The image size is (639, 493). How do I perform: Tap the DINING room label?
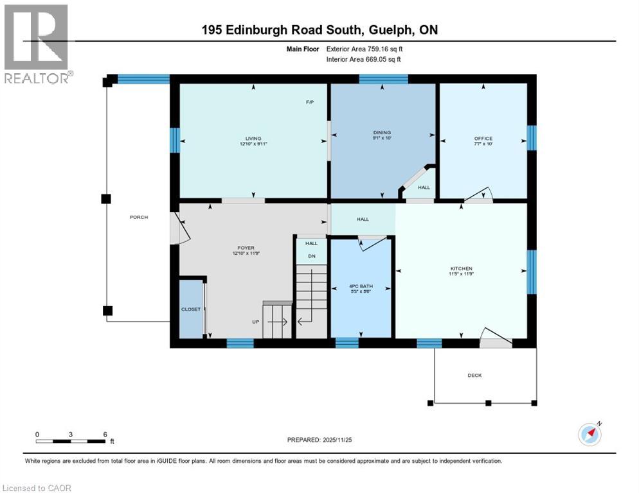[382, 133]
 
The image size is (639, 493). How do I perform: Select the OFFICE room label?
[483, 139]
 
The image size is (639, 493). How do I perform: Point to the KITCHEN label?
[461, 268]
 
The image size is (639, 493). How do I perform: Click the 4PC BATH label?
[360, 286]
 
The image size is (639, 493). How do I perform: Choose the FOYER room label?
[246, 248]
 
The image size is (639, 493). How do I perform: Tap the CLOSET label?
[190, 309]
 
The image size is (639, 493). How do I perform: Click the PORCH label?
[139, 217]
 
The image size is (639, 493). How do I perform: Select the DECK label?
[474, 376]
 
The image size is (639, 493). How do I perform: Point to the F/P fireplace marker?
[309, 103]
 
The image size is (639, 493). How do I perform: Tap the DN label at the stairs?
[311, 257]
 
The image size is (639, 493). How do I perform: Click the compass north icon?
[589, 433]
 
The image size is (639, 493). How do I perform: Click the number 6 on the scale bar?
[105, 435]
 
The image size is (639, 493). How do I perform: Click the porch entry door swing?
[179, 229]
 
